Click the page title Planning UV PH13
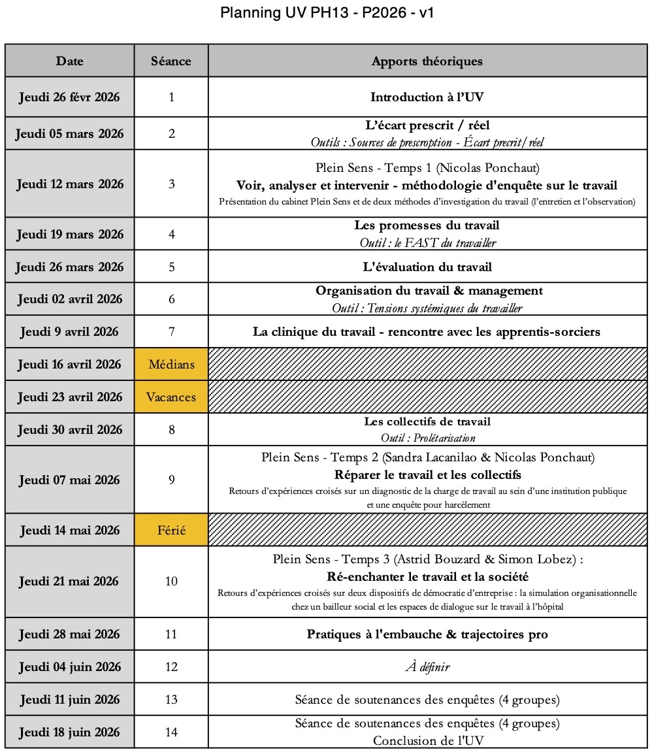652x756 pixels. tap(327, 13)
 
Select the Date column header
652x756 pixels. tap(69, 61)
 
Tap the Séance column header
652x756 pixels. tap(171, 61)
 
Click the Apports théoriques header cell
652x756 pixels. tap(427, 61)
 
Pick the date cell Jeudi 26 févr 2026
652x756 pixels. tap(69, 97)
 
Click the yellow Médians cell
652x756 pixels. tap(171, 364)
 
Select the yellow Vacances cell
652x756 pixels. tap(171, 397)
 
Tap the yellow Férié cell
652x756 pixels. tap(171, 530)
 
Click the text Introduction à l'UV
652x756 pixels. tap(427, 97)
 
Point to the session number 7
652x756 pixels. tap(171, 331)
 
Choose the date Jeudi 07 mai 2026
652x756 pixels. tap(69, 480)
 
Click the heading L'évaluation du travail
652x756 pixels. tap(427, 267)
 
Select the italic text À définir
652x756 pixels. tap(427, 667)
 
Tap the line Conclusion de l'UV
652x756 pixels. tap(427, 740)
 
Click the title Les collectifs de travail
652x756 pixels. tap(427, 421)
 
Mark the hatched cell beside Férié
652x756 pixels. tap(427, 530)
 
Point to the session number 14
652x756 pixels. tap(171, 732)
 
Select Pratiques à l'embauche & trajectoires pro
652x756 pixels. tap(427, 634)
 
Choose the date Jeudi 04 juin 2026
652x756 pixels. tap(69, 667)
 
